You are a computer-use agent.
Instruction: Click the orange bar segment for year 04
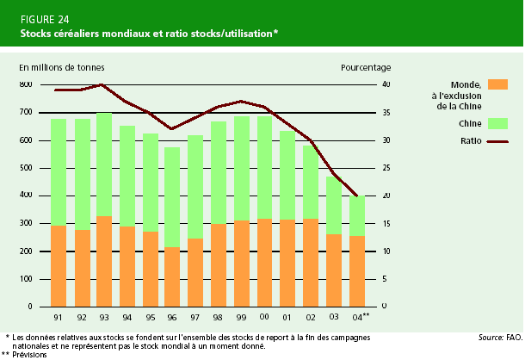[x=356, y=270]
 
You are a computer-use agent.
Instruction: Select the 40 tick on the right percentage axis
[x=385, y=84]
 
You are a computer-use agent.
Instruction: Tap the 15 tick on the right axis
[x=385, y=223]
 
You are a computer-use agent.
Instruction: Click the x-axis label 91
[x=59, y=316]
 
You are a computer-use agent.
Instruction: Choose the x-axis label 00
[x=264, y=316]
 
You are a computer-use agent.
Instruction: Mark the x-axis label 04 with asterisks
[x=359, y=316]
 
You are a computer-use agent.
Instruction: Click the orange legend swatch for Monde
[x=497, y=84]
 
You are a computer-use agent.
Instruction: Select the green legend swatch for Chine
[x=497, y=123]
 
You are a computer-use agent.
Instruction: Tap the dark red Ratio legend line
[x=497, y=141]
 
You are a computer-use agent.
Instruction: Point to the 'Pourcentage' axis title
[x=365, y=66]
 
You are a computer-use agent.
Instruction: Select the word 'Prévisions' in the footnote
[x=29, y=354]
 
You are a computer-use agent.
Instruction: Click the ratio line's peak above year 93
[x=103, y=84]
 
